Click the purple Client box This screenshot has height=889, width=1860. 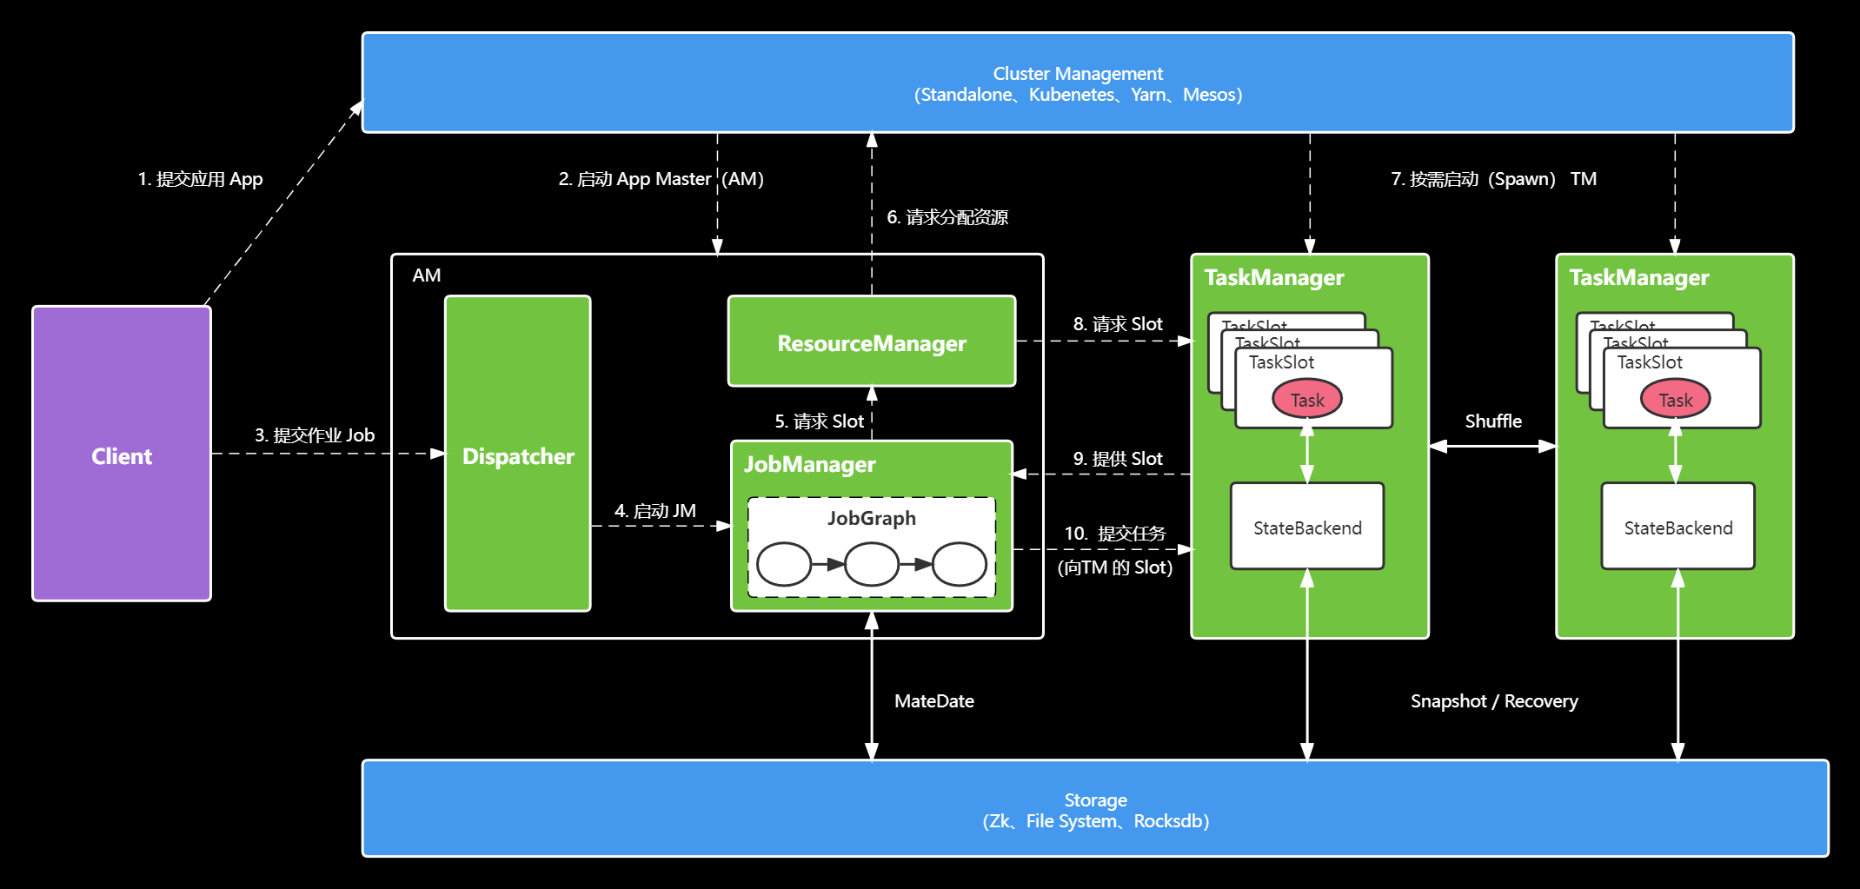point(122,454)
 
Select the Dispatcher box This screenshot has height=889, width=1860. point(518,455)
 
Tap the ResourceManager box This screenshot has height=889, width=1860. point(871,342)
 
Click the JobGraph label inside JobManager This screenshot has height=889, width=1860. point(871,518)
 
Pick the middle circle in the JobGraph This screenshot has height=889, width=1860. point(871,565)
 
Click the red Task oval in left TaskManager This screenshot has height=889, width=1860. point(1306,400)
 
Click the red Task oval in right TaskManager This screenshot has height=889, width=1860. point(1675,400)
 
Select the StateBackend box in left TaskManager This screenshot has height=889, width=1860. point(1306,527)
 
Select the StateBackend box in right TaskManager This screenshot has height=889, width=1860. point(1677,527)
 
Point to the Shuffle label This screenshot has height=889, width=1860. point(1492,421)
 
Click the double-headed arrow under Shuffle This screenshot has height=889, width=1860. point(1492,446)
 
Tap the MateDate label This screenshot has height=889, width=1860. point(933,700)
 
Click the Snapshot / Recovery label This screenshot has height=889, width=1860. point(1493,700)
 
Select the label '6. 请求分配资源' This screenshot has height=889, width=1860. point(947,217)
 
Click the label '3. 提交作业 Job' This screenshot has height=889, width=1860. point(314,435)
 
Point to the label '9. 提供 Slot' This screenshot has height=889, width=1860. point(1117,459)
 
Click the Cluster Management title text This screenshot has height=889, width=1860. point(1077,74)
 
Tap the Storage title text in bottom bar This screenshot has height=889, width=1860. point(1095,799)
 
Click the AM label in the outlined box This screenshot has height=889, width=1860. point(426,275)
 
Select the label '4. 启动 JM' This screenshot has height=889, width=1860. point(654,511)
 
